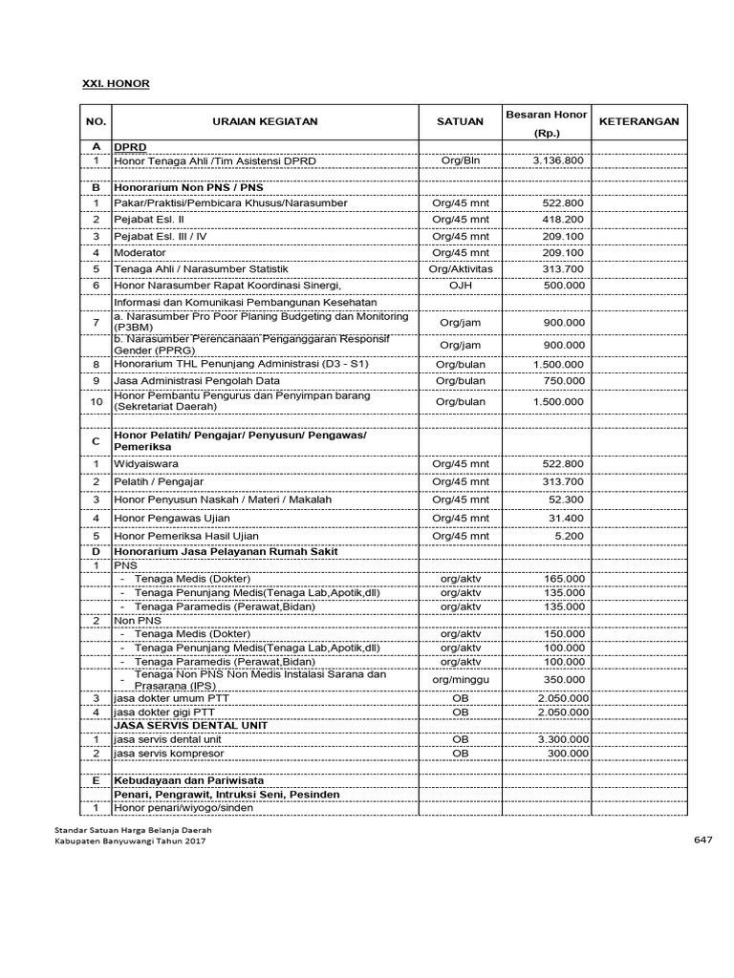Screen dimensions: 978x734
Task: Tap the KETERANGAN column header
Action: tap(638, 122)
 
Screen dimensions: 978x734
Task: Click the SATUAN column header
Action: tap(460, 122)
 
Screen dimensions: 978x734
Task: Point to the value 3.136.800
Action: tap(557, 160)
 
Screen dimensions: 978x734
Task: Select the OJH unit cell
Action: tap(460, 285)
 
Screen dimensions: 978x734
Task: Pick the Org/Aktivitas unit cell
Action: tap(460, 269)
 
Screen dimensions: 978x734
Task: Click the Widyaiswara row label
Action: tap(144, 463)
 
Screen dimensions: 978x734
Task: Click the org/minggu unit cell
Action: tap(460, 679)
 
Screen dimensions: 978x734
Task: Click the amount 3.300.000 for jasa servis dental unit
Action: tap(561, 739)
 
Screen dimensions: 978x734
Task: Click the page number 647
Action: tap(702, 840)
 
